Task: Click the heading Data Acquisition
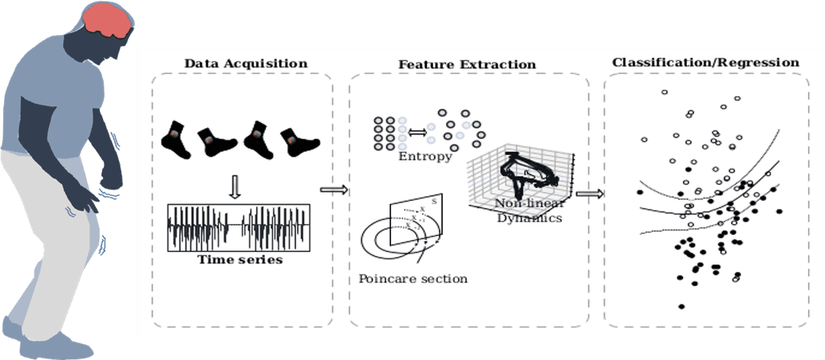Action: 245,63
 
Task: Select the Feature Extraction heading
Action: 467,64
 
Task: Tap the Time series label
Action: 240,260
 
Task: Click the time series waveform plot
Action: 239,228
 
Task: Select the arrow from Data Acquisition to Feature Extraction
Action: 334,190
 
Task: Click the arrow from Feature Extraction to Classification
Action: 590,193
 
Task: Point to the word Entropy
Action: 425,157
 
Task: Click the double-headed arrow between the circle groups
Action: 418,132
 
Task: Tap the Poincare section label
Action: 412,279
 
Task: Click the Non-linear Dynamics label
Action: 529,210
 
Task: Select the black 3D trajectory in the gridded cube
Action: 522,174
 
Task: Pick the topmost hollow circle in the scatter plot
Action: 664,92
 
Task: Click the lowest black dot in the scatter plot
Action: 681,306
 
